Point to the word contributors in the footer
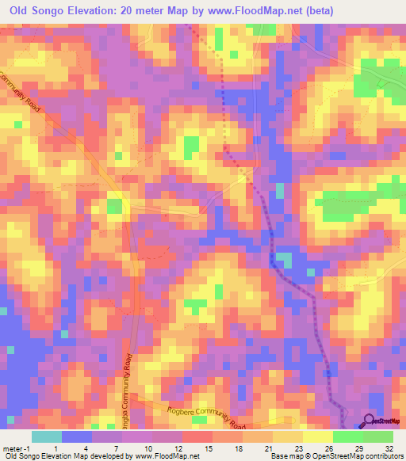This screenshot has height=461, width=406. (x=385, y=456)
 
